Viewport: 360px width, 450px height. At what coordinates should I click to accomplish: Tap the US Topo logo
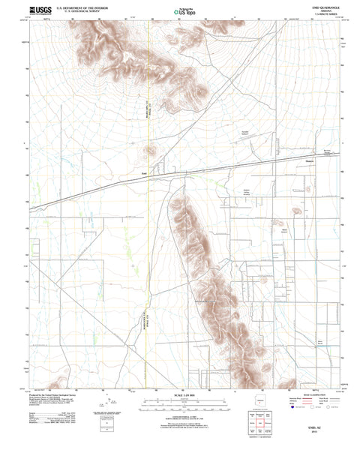tap(181, 10)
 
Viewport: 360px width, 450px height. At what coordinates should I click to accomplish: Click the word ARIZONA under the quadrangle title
tap(327, 10)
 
